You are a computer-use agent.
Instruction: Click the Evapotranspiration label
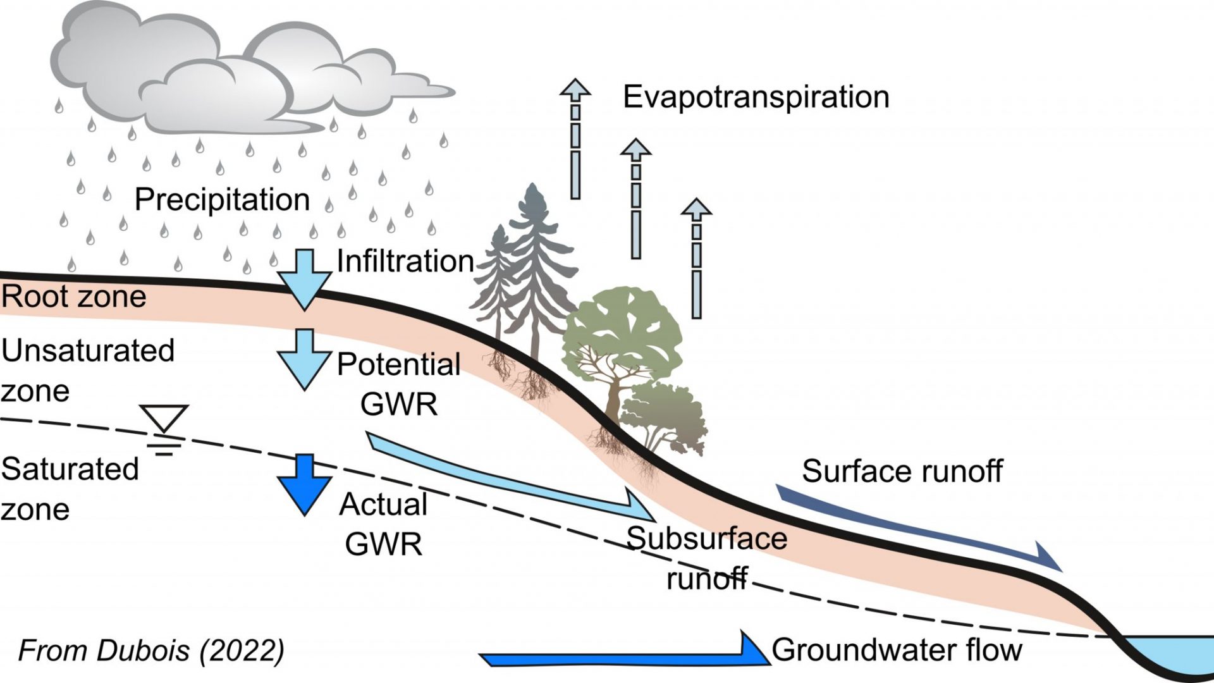pos(756,97)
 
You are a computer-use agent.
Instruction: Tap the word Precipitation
pos(222,200)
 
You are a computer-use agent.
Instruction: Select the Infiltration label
pos(405,261)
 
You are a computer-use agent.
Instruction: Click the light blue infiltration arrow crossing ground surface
pos(305,278)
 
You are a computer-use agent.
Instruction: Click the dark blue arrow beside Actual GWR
pos(305,484)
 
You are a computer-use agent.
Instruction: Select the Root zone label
pos(73,297)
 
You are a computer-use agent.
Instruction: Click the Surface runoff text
pos(902,471)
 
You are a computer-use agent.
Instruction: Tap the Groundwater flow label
pos(897,650)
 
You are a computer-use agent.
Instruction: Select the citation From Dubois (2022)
pos(151,651)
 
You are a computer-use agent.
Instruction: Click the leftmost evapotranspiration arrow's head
pos(575,89)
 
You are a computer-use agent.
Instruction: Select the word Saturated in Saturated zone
pos(70,469)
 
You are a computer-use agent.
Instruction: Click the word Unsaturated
pos(87,350)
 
